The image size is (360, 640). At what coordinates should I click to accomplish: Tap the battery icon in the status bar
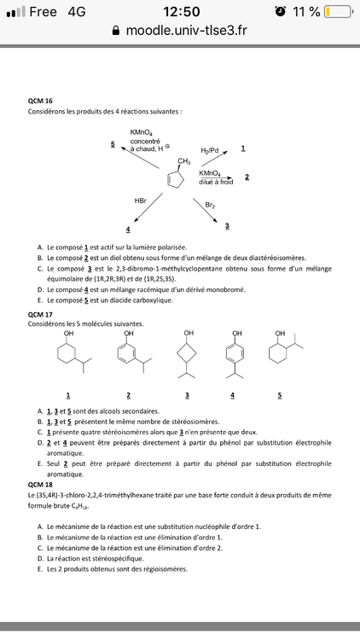(340, 12)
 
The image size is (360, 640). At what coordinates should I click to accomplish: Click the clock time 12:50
(180, 12)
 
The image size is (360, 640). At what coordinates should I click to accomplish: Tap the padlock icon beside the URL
(117, 31)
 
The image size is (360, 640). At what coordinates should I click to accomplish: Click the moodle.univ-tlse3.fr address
(187, 31)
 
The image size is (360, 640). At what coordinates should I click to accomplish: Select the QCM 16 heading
(40, 101)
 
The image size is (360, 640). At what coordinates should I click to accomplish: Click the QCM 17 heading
(40, 314)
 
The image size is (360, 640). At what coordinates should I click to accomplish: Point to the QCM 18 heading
(40, 484)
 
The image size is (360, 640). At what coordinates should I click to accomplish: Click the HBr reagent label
(141, 200)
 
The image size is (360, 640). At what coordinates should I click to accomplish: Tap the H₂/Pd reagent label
(210, 150)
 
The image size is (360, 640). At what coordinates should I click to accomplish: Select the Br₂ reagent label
(210, 205)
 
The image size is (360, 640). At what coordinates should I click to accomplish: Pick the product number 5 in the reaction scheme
(113, 144)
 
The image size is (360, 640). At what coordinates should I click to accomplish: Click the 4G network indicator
(77, 12)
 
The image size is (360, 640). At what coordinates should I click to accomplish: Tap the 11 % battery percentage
(305, 12)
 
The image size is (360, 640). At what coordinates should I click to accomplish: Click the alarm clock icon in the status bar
(280, 12)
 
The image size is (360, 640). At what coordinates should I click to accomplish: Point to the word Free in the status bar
(43, 12)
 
